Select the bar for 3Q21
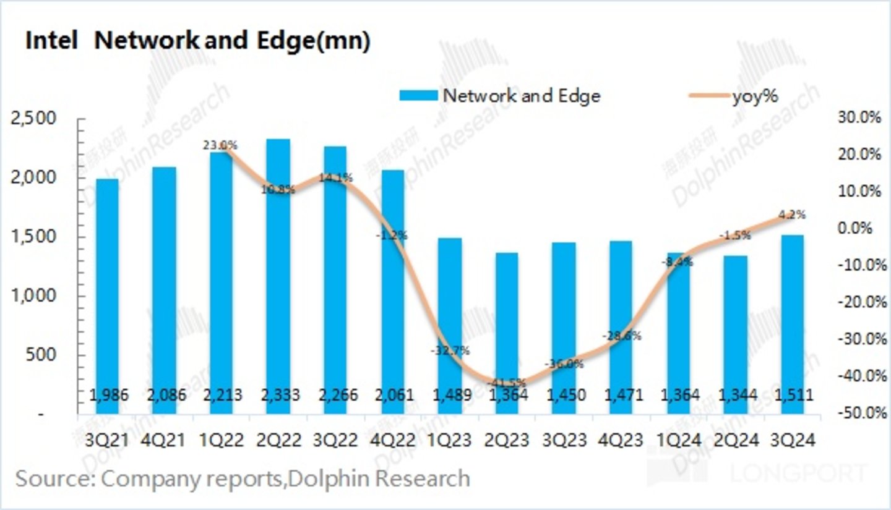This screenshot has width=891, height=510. (x=108, y=297)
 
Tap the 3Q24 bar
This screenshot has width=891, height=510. (x=793, y=325)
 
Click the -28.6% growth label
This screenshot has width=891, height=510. (x=622, y=336)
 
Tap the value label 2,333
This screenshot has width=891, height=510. (x=278, y=395)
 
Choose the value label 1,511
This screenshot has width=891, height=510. (x=793, y=395)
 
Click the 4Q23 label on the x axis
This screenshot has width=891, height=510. (x=621, y=440)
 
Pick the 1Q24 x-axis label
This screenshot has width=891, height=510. (x=679, y=440)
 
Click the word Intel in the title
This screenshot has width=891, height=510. (x=51, y=41)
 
